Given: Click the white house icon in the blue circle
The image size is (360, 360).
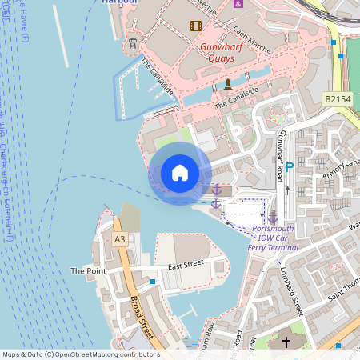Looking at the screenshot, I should click(x=180, y=173).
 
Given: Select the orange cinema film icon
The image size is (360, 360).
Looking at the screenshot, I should click(x=196, y=26).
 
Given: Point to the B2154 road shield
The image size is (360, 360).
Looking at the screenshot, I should click(x=338, y=98).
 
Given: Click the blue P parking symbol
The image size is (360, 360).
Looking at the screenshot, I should click(x=290, y=168).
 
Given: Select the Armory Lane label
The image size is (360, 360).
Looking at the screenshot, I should click(x=342, y=169).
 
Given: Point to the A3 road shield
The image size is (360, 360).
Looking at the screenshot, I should click(x=120, y=238).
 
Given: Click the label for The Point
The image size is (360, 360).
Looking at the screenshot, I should click(x=88, y=271).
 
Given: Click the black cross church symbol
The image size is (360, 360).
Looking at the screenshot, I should click(x=286, y=342).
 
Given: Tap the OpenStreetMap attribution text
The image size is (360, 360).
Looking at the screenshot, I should click(x=80, y=354).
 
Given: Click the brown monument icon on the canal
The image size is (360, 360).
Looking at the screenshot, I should click(x=227, y=83).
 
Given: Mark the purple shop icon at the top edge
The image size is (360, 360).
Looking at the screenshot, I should click(x=238, y=3).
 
